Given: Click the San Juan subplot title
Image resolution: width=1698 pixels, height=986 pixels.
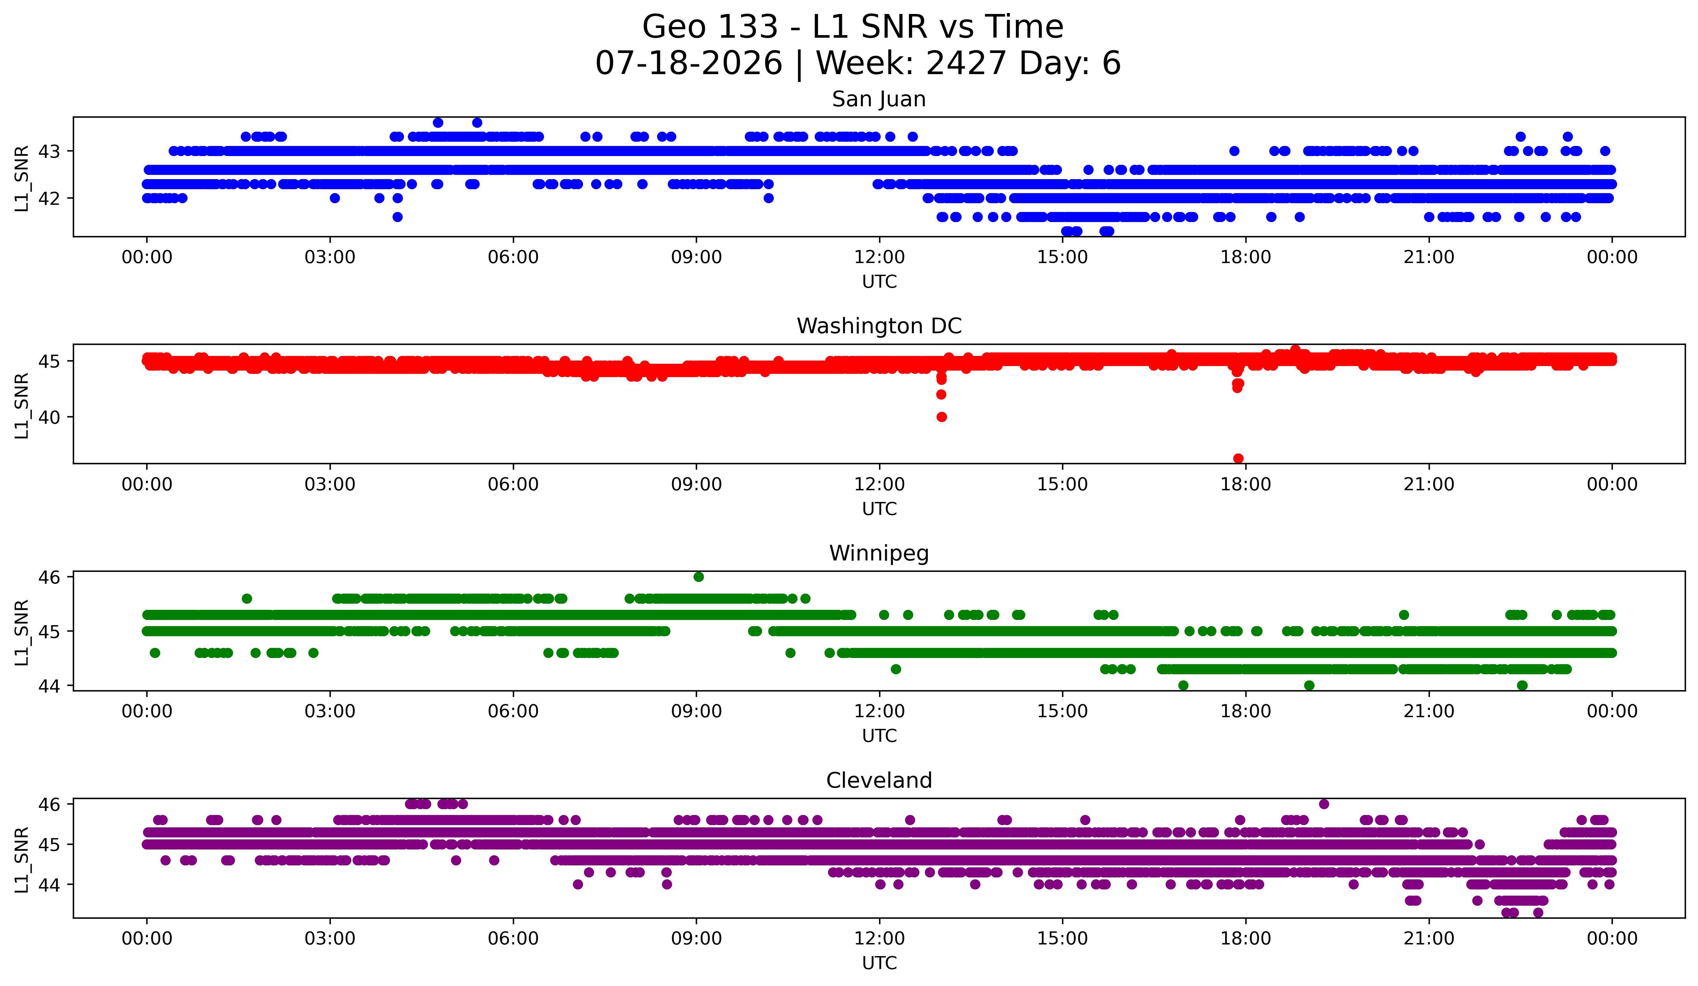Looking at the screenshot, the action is (879, 99).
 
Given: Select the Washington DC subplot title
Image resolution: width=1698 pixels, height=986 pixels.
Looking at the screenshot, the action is (879, 326).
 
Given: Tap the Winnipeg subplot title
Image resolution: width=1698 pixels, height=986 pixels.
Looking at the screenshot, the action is (879, 553).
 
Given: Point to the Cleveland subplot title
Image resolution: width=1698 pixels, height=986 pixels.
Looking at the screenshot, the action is (879, 781).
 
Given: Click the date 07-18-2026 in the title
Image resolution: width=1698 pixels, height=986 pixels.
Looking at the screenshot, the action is (689, 63).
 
